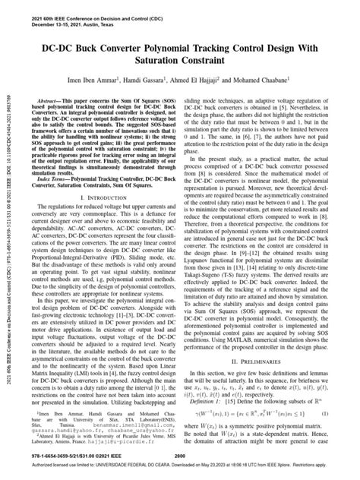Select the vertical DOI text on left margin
(x=8, y=251)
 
